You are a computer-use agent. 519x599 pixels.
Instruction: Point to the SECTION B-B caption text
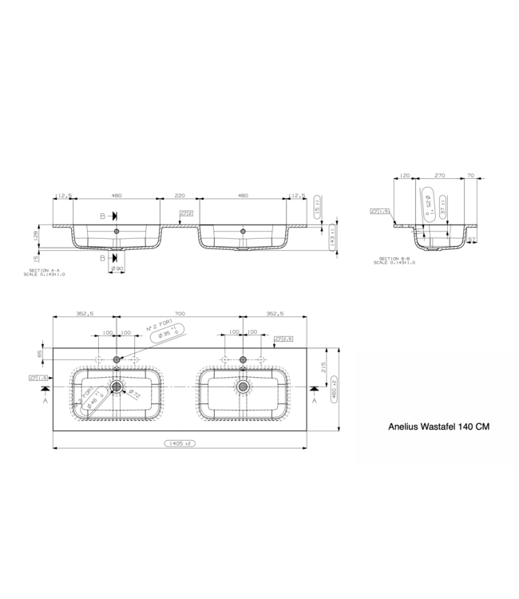[x=396, y=260]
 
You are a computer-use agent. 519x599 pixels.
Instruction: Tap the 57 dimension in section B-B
[x=472, y=239]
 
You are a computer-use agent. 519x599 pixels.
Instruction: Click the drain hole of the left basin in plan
[x=117, y=387]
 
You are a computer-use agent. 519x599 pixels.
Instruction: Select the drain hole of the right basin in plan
[x=243, y=387]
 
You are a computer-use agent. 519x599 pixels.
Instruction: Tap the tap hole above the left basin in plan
[x=117, y=359]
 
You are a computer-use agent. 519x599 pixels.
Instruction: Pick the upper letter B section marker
[x=102, y=216]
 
